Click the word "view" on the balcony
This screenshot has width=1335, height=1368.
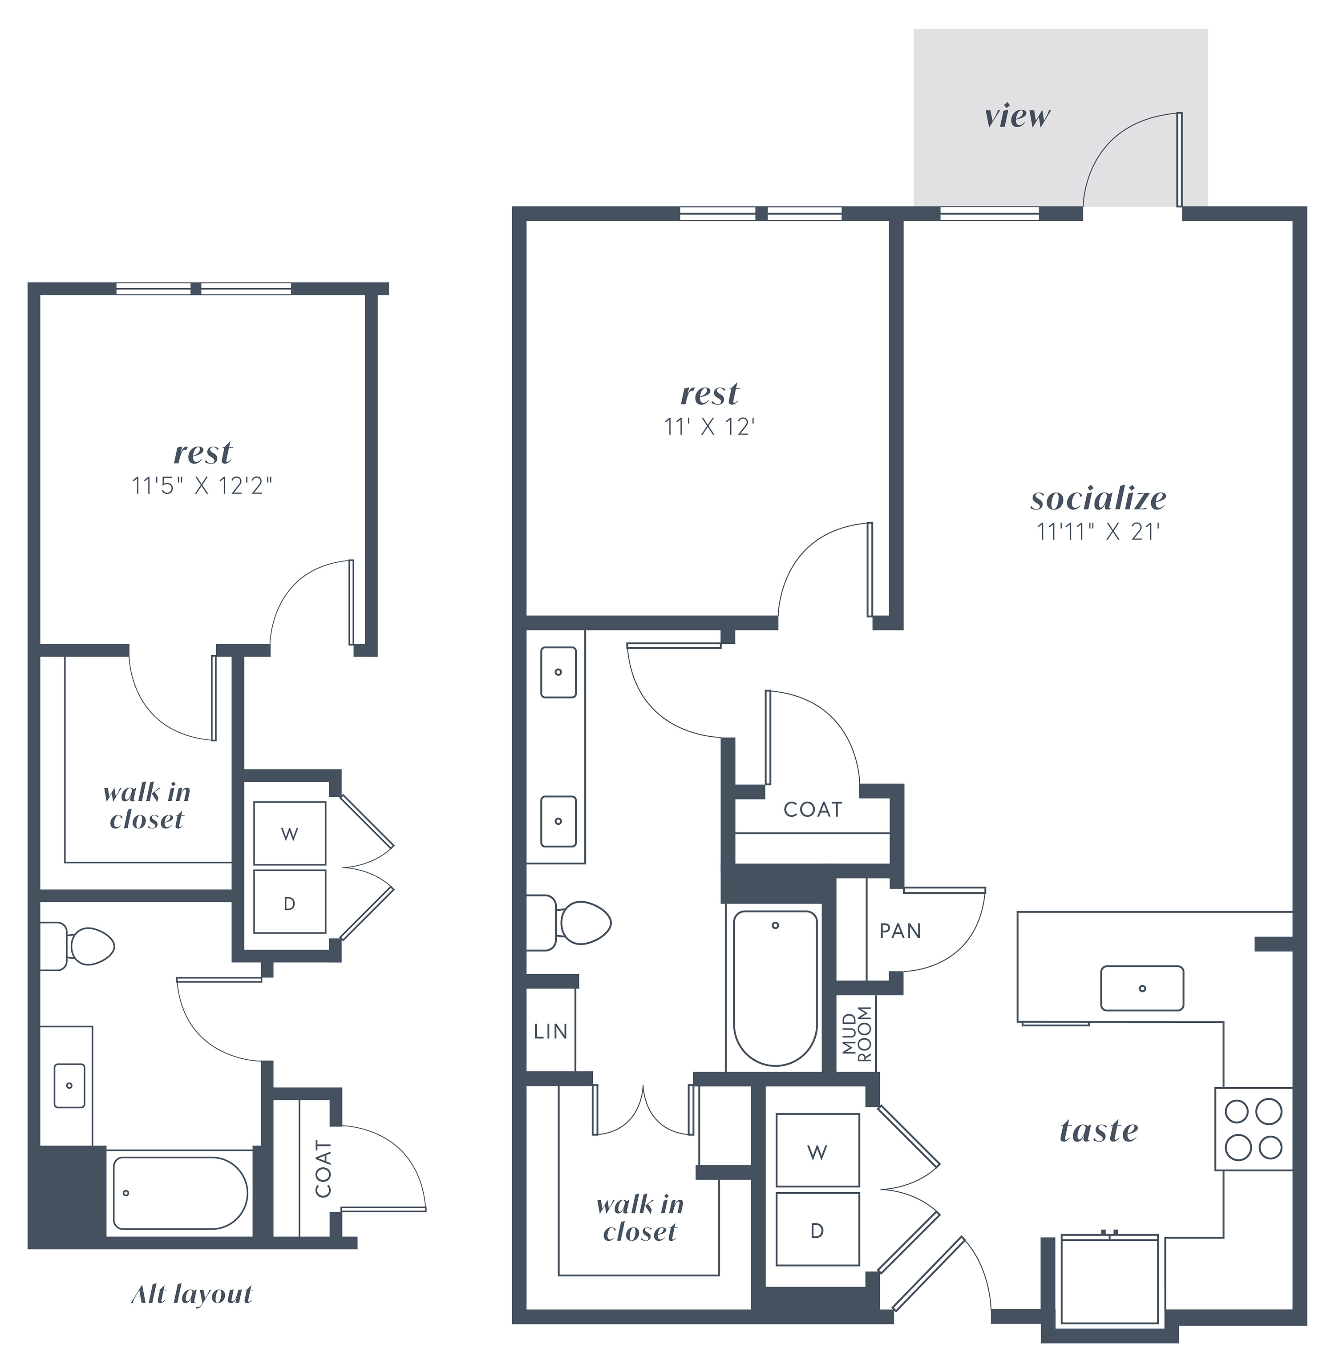coord(1017,117)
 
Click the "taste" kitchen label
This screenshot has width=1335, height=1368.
coord(1099,1130)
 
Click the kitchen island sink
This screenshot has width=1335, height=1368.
coord(1142,988)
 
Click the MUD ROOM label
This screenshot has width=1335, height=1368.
coord(857,1034)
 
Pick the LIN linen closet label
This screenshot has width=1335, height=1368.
coord(550,1031)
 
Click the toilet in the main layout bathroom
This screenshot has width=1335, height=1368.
coord(568,922)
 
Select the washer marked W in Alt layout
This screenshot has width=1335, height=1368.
coord(290,833)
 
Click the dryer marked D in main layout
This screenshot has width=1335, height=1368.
coord(817,1231)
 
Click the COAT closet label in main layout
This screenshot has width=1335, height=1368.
coord(813,809)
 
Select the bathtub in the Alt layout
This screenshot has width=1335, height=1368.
coord(180,1193)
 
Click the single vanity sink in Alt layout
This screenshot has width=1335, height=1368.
coord(69,1086)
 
